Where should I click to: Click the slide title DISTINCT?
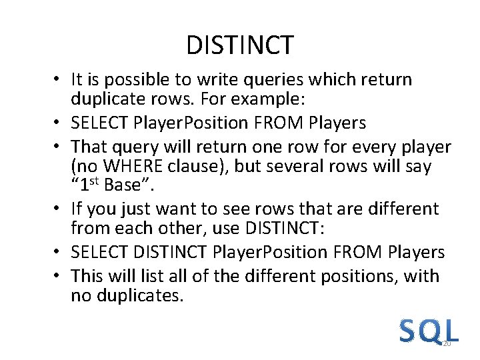coord(239,45)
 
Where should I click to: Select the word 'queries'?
coord(255,81)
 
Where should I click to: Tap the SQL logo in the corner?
coord(429,332)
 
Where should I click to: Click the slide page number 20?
coord(447,344)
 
